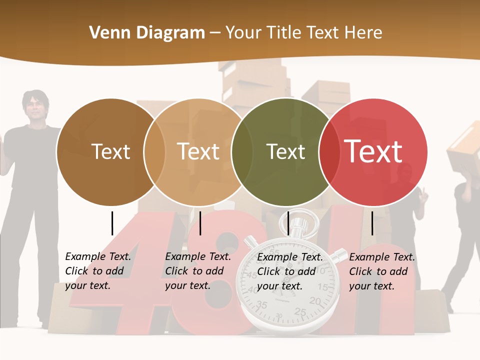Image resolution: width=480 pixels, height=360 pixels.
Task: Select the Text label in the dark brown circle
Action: pos(110,151)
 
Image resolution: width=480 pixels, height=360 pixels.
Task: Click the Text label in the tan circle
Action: pos(198,151)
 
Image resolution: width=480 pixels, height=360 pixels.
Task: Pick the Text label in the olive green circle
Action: pos(285,151)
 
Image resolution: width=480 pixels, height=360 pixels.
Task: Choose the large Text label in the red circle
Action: pos(373,151)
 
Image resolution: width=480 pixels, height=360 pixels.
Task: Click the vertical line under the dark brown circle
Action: pos(112,223)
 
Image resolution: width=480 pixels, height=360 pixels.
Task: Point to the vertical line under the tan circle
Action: pos(200,223)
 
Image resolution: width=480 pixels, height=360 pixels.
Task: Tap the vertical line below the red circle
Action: pos(372,223)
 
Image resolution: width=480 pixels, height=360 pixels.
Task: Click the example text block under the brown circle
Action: pos(98,271)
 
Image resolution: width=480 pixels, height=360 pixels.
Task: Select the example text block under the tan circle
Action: pos(198,271)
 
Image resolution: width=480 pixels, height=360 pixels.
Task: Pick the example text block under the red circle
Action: pos(382,271)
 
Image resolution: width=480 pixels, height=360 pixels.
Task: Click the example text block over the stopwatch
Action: pos(290,271)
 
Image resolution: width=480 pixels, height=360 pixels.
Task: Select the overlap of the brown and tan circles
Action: pos(154,152)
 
